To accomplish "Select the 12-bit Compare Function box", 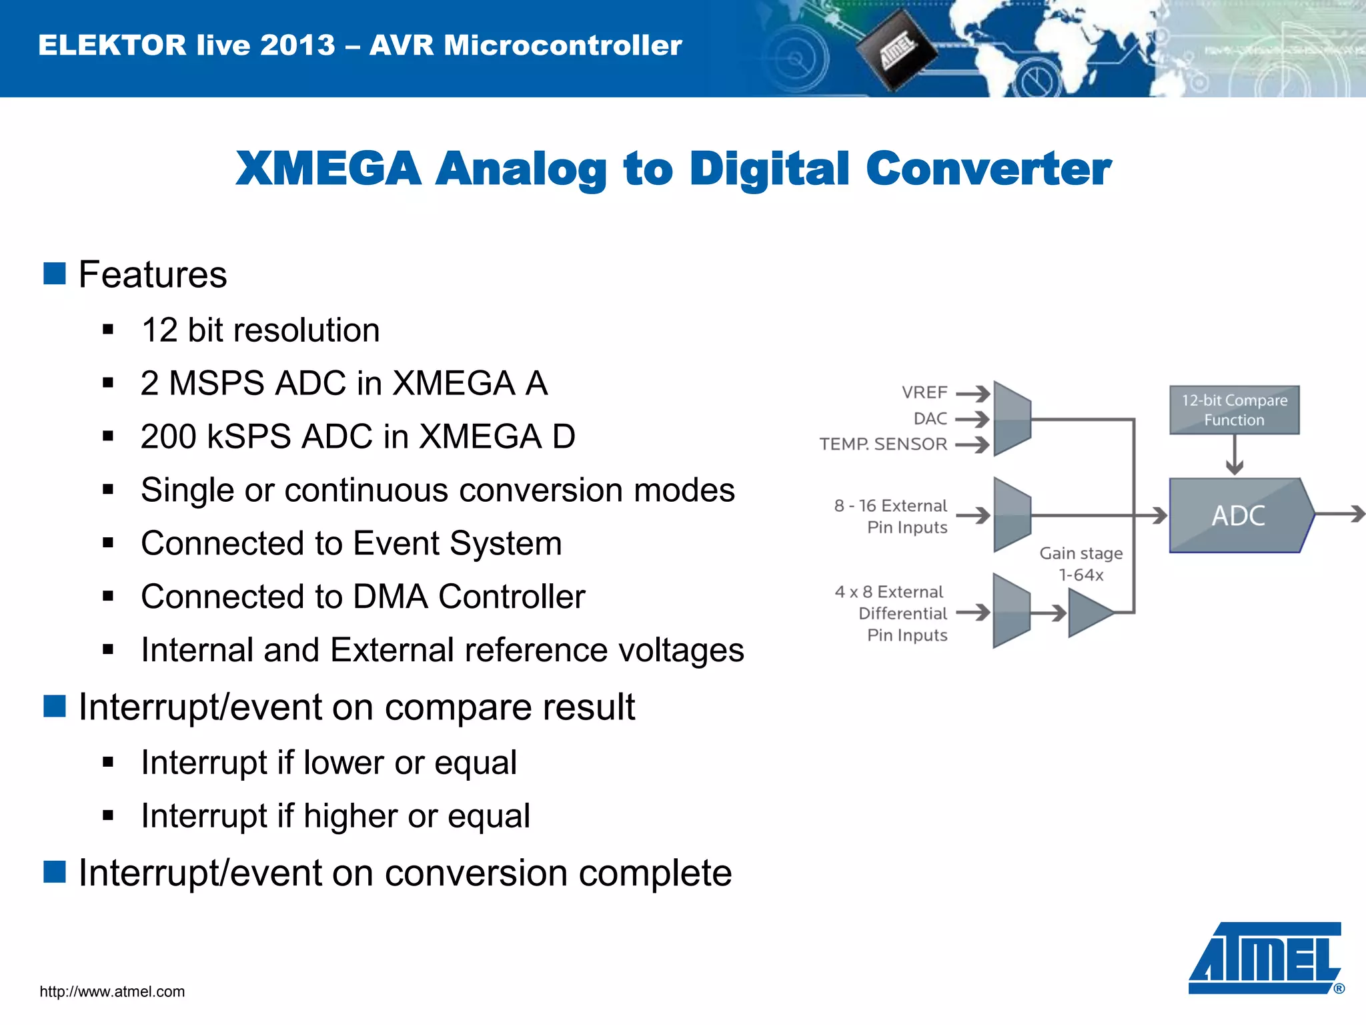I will point(1234,410).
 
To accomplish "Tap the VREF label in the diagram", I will point(924,392).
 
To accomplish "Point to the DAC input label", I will point(930,418).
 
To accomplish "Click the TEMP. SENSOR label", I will point(883,444).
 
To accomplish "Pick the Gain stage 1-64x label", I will point(1081,564).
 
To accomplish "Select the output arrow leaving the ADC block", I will point(1341,515).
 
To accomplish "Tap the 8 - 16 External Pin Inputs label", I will point(891,516).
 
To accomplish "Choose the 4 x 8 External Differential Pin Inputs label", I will point(892,613).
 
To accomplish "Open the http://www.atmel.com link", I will point(112,992).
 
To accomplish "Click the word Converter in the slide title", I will point(988,168).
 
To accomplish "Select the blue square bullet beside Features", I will point(55,274).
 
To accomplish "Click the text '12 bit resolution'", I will point(260,330).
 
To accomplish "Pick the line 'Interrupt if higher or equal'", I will point(335,815).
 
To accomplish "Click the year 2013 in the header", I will point(297,45).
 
